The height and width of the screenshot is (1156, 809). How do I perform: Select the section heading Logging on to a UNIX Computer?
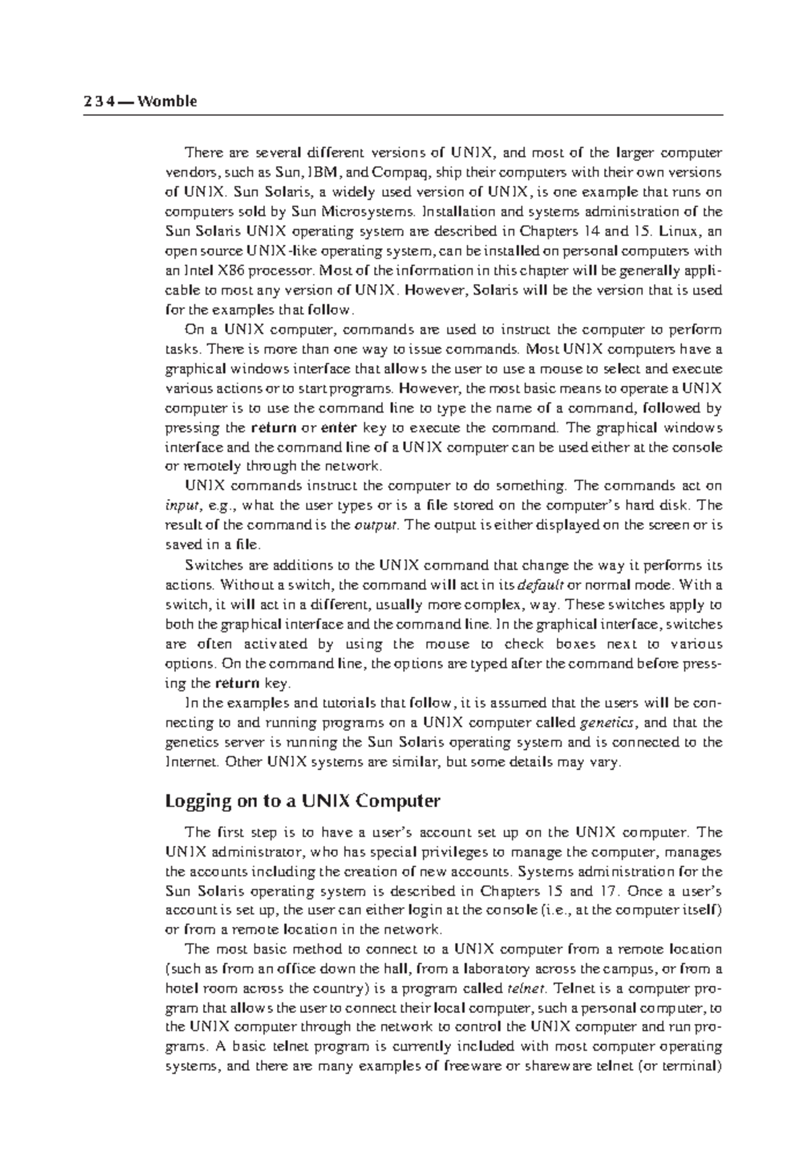coord(302,801)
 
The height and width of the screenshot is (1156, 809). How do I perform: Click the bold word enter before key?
coord(339,428)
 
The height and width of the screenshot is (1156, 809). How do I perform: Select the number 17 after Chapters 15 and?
coord(609,891)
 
